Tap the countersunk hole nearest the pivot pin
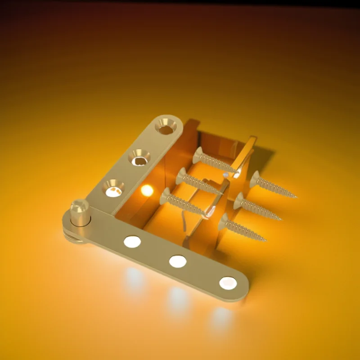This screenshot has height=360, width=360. point(112,189)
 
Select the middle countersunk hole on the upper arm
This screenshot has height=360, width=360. point(139,157)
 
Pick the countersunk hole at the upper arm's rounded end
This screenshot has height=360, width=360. point(166,127)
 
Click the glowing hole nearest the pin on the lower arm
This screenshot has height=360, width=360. point(132,242)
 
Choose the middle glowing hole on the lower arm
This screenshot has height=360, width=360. point(178,261)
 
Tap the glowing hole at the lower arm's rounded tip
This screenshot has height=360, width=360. point(228,283)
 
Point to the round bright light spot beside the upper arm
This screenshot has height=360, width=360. point(147,190)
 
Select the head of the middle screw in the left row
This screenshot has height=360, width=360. point(182,175)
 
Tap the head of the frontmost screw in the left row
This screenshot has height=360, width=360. point(166,196)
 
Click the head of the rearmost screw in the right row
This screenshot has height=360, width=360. point(255,179)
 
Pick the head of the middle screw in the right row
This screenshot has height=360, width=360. point(239,200)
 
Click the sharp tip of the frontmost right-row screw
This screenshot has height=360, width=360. point(265,240)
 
